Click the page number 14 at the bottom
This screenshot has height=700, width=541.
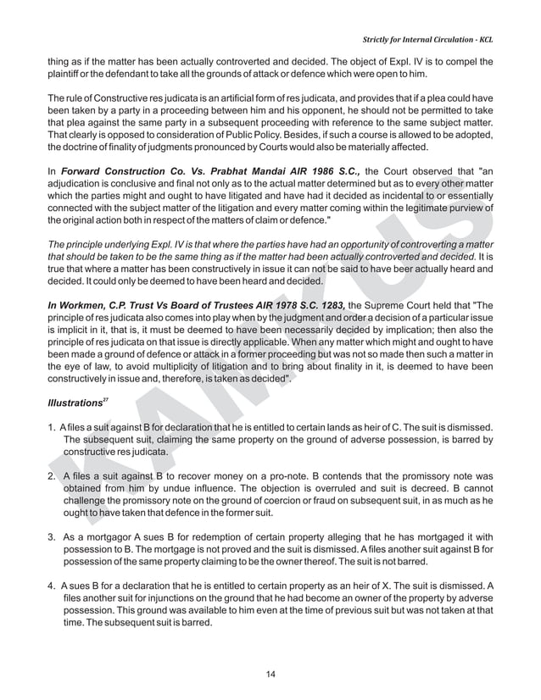[270, 674]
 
